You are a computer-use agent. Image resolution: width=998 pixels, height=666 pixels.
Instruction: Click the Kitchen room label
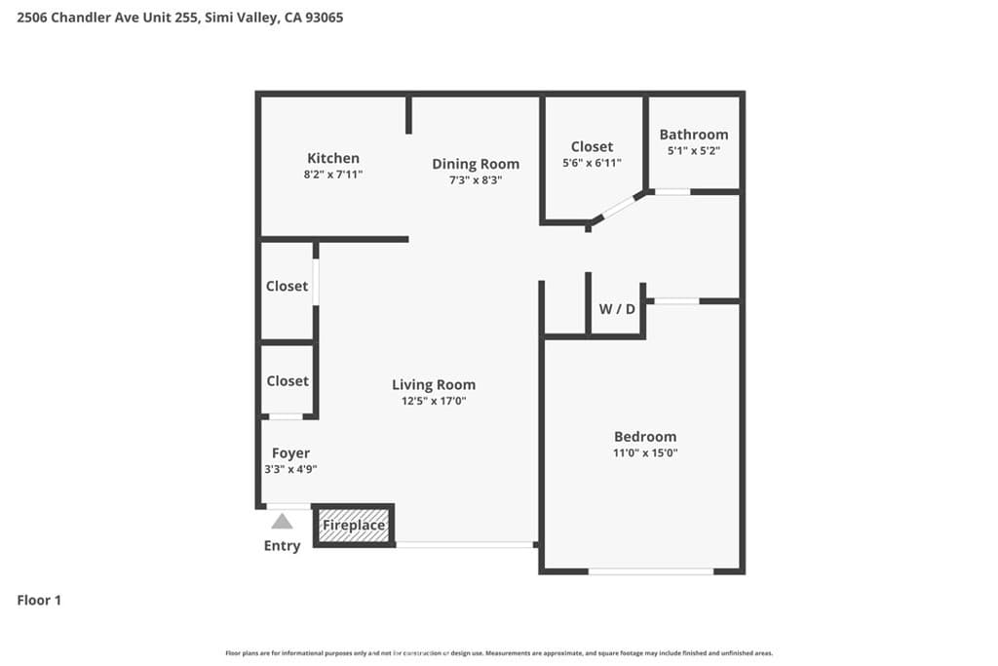(333, 158)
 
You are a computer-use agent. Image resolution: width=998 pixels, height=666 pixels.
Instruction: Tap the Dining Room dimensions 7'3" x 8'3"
(476, 179)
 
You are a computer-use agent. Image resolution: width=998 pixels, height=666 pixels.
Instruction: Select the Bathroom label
(693, 135)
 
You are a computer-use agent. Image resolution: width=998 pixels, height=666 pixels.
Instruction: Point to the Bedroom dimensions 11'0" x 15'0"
(644, 452)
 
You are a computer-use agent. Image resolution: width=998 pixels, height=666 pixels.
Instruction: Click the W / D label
(616, 309)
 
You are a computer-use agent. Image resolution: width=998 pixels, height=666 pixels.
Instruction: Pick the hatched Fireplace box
(354, 526)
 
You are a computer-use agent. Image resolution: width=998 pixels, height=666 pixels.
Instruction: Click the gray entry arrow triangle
(282, 522)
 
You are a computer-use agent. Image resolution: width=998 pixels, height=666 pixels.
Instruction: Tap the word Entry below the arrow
(282, 546)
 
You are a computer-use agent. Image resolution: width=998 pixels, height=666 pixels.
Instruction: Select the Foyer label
(290, 453)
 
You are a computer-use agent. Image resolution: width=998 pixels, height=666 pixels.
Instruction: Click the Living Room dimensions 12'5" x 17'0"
(434, 401)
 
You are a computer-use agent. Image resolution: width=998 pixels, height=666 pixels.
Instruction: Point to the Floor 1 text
(39, 601)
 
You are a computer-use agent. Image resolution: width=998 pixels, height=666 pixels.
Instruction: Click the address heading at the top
(180, 18)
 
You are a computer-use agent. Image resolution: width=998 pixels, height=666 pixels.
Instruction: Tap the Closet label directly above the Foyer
(288, 381)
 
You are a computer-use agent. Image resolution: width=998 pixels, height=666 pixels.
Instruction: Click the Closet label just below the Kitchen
(287, 287)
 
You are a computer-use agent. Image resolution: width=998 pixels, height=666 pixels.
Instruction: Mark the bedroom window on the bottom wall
(651, 571)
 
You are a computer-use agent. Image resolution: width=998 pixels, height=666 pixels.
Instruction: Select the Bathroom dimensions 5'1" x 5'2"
(693, 151)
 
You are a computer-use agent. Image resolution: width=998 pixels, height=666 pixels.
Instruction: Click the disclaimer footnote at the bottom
(499, 653)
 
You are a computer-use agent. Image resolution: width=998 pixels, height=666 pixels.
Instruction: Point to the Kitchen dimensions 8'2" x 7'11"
(333, 174)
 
